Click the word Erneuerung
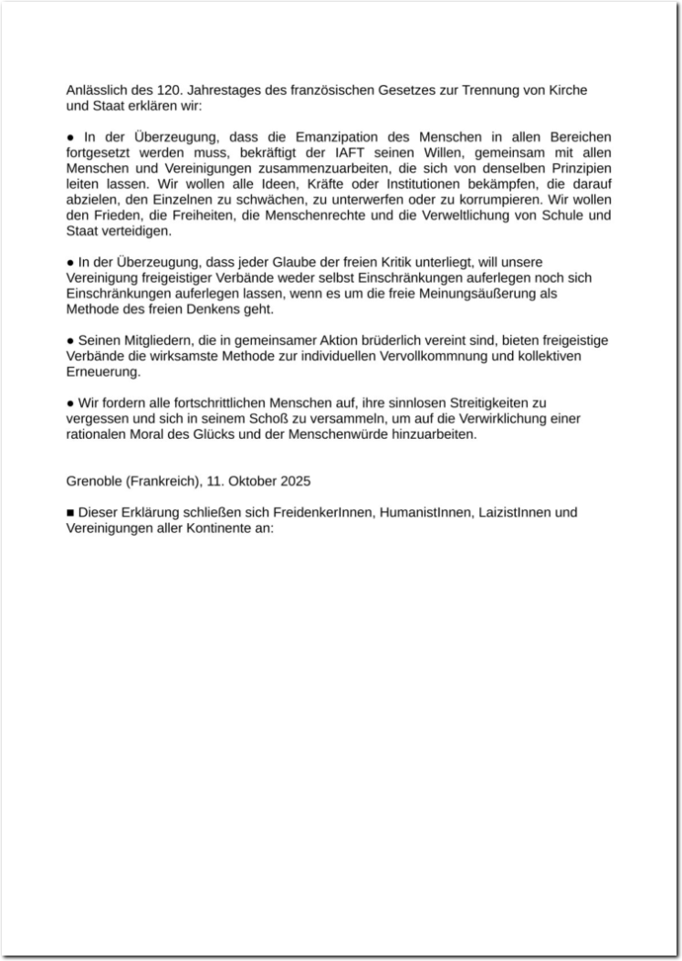point(103,372)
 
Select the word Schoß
point(283,419)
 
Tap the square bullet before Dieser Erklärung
point(70,513)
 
